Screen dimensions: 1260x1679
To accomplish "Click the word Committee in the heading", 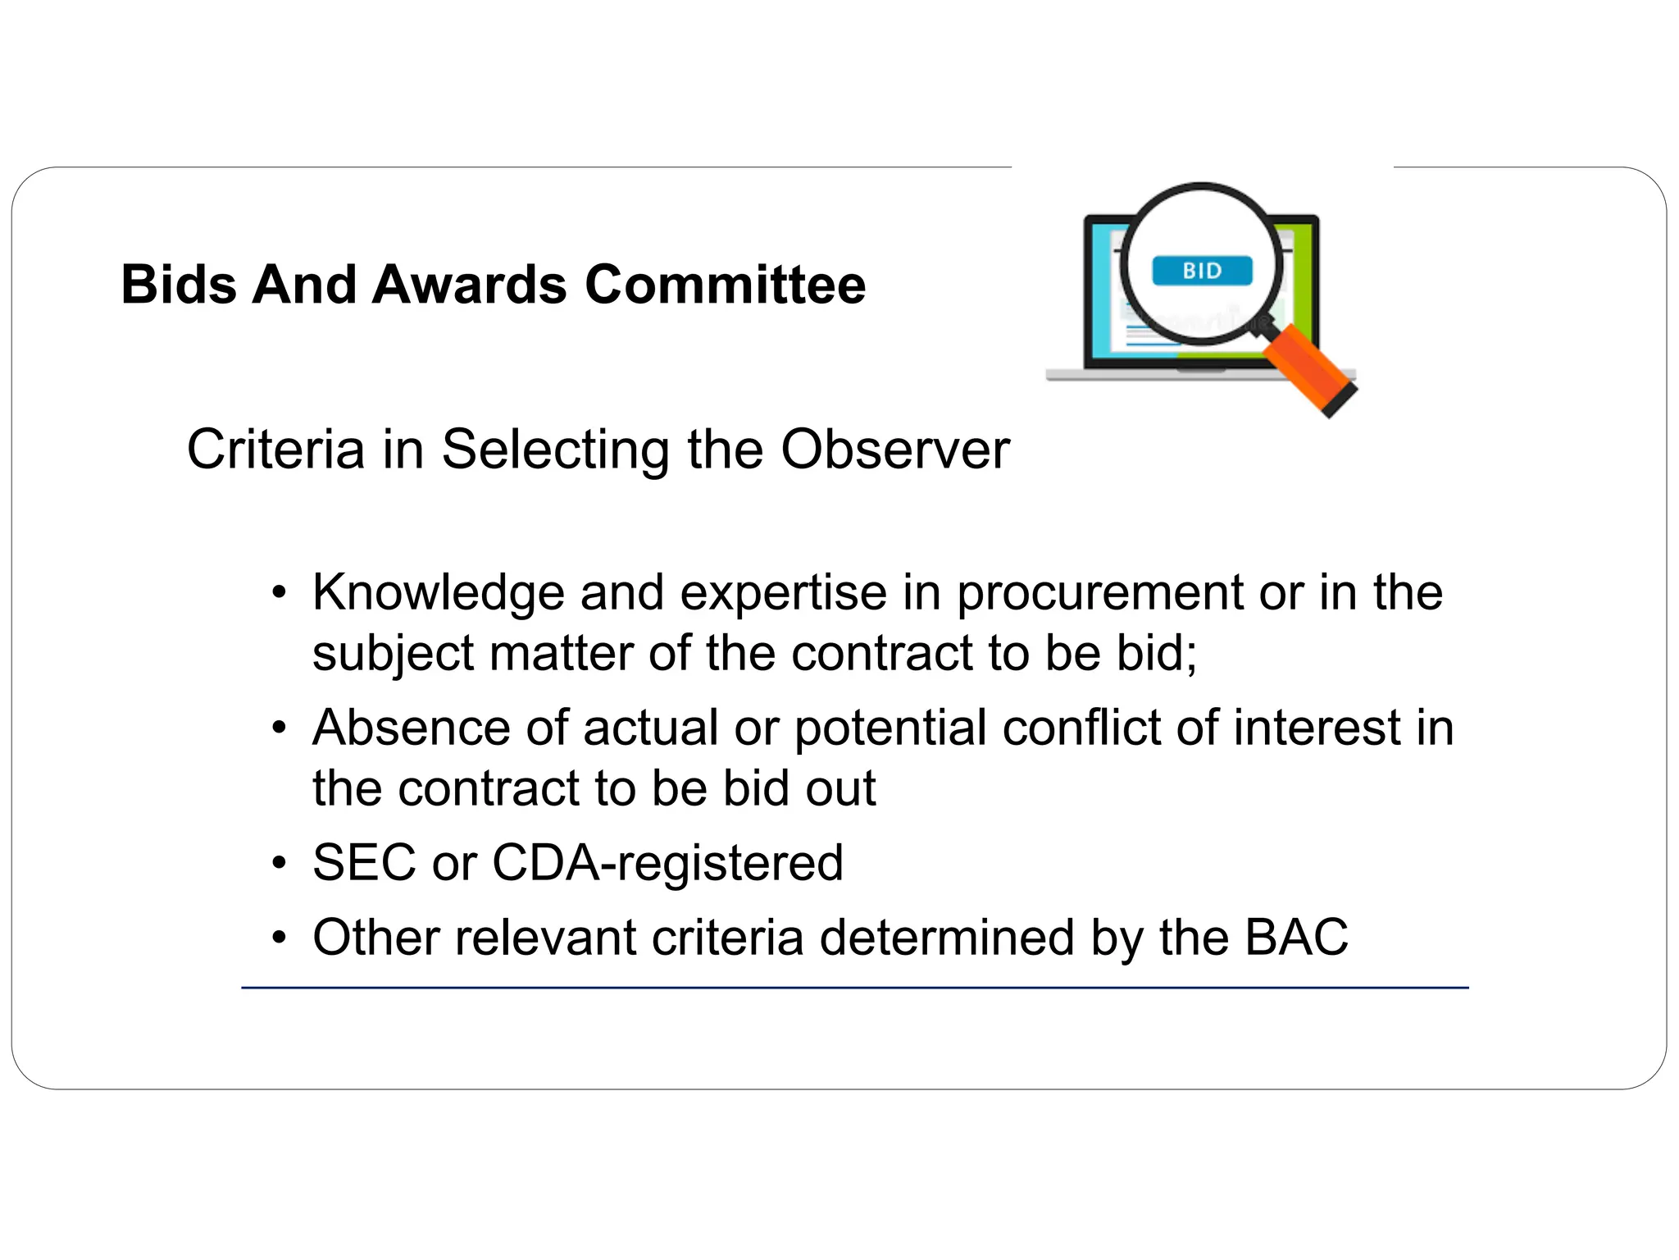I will [725, 285].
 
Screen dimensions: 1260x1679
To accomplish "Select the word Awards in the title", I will [470, 285].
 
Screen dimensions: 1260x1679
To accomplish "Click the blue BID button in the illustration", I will [1202, 271].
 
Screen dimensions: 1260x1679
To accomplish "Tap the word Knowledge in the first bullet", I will [439, 592].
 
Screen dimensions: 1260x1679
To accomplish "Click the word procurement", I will [1100, 594].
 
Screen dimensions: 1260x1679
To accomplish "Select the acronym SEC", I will [364, 863].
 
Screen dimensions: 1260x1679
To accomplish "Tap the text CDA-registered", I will [667, 865].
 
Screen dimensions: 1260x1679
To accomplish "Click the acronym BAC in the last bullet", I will [1296, 938].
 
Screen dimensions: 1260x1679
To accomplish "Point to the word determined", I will [947, 938].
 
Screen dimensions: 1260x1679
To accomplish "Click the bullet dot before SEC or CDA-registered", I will [280, 864].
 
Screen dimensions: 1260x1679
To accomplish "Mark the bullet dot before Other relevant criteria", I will [280, 938].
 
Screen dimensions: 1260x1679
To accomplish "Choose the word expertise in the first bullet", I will [784, 594].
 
